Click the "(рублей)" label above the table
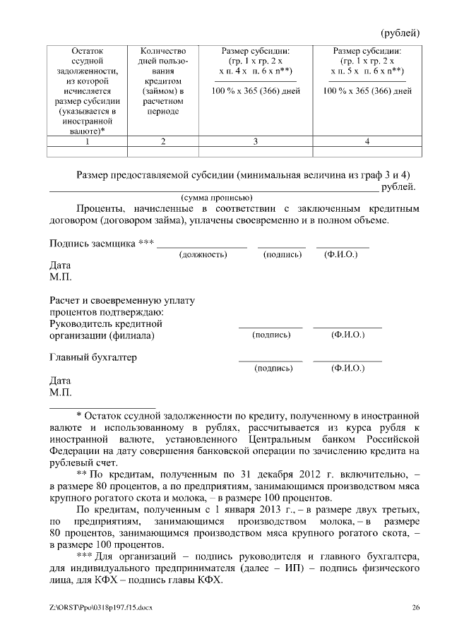point(400,33)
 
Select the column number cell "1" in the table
point(87,141)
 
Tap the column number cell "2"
point(163,141)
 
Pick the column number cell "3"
point(256,141)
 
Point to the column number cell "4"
point(367,141)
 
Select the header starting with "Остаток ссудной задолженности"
point(87,90)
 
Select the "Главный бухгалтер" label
point(93,357)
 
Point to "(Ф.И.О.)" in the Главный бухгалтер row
point(347,368)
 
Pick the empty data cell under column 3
point(256,151)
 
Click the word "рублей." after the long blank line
point(399,187)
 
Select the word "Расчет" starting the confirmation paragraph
point(65,301)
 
